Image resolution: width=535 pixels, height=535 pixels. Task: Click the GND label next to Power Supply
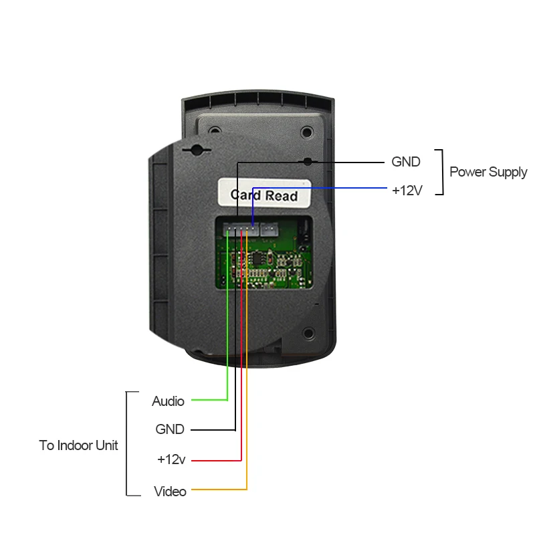406,162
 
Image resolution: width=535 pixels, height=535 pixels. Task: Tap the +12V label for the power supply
407,191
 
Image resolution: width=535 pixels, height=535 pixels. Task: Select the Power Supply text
488,172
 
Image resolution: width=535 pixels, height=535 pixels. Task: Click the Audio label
168,401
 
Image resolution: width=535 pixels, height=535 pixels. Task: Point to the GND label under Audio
169,429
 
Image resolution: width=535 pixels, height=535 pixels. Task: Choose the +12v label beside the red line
171,459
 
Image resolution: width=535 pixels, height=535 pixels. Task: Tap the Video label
170,492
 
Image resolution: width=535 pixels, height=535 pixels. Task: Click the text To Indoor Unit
78,445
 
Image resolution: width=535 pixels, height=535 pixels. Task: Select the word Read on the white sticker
282,196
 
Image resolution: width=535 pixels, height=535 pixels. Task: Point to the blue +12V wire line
321,189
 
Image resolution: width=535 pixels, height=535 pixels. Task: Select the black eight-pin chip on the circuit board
256,257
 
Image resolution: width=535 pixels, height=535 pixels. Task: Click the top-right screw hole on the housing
307,132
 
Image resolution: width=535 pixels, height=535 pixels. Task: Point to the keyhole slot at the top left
196,148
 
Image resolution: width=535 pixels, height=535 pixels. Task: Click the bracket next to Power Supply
440,172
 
